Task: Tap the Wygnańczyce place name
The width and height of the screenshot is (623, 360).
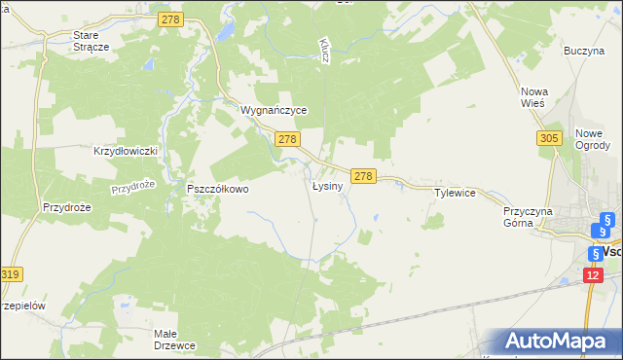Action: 275,111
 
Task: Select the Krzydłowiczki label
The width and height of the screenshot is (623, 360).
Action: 125,152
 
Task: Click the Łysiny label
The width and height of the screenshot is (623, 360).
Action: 327,186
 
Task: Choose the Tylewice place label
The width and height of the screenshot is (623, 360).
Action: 455,193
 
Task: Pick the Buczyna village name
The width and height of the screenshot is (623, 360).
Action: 584,51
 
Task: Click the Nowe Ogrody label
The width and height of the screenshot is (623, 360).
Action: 593,139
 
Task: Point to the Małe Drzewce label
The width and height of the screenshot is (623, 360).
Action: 176,340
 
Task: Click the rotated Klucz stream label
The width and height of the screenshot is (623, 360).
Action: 324,52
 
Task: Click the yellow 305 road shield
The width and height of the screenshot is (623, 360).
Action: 548,139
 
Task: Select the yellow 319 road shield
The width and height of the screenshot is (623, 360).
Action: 11,275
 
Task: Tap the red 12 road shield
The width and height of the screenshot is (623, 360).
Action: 594,276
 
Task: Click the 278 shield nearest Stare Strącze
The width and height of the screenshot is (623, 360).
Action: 172,18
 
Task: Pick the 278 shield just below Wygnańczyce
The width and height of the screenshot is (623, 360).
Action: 286,140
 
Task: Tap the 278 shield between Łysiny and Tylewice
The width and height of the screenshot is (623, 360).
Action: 363,176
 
